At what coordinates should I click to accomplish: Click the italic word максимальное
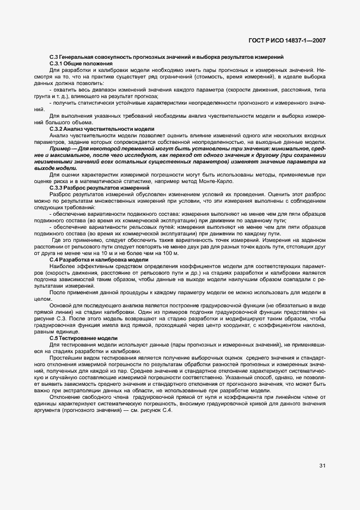(68, 155)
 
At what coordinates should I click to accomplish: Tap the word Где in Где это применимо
(56, 240)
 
